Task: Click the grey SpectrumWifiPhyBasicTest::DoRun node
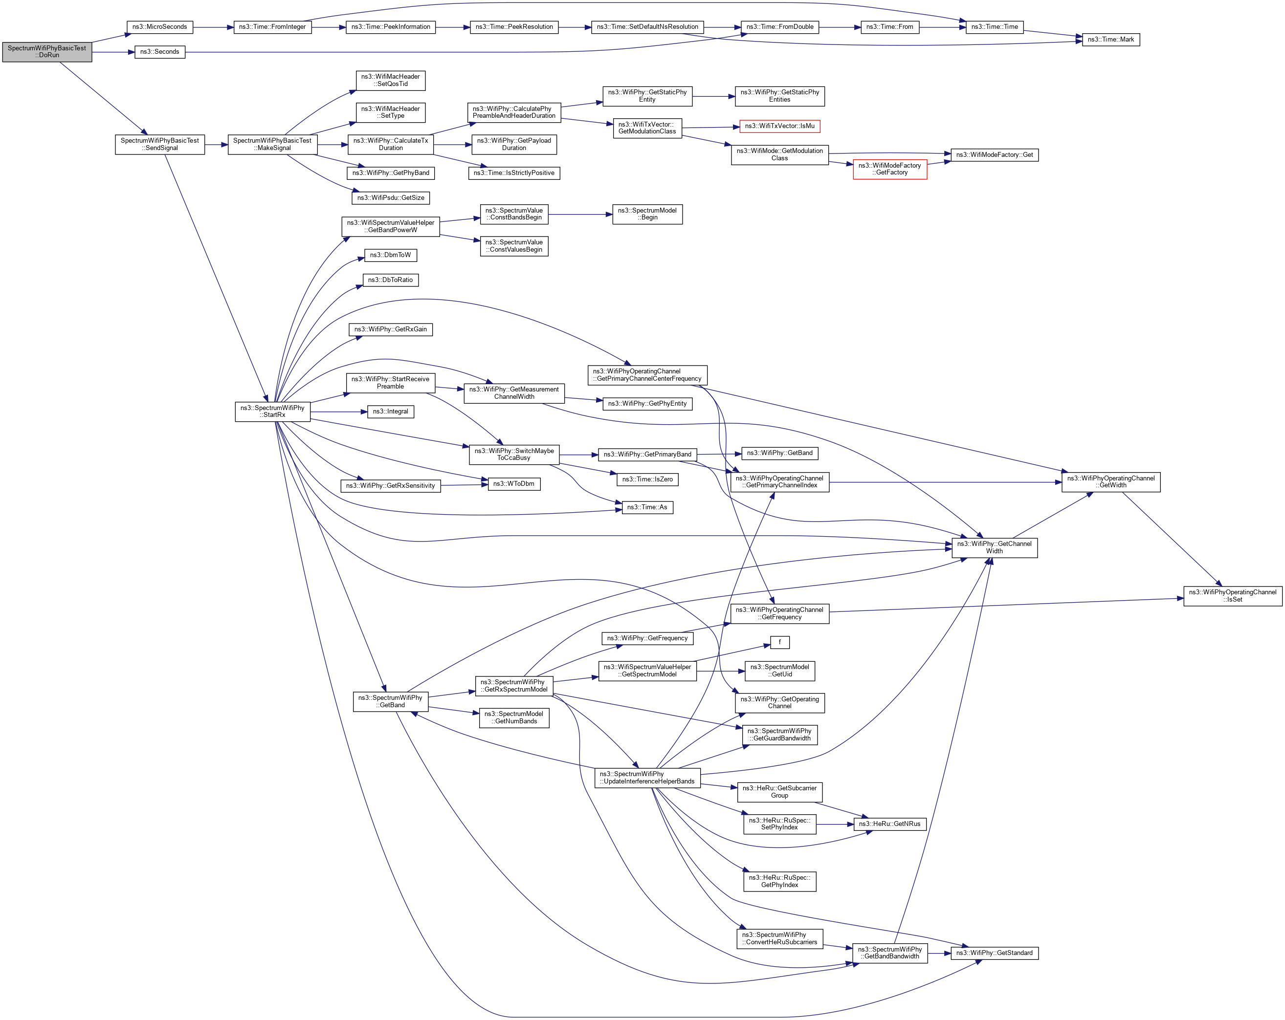click(47, 52)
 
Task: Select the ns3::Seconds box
click(160, 52)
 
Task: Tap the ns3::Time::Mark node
click(1110, 40)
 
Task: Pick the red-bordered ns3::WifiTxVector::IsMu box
click(779, 126)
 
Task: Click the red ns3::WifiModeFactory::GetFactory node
click(889, 169)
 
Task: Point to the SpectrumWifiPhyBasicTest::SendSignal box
click(160, 144)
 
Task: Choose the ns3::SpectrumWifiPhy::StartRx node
click(272, 412)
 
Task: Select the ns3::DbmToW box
click(390, 255)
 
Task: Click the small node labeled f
click(779, 642)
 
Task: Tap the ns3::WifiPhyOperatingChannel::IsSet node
click(1232, 596)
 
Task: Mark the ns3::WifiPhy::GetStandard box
click(994, 953)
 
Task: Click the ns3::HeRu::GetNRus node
click(889, 824)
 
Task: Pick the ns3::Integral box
click(390, 412)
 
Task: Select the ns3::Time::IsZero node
click(647, 479)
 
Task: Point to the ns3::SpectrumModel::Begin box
click(647, 215)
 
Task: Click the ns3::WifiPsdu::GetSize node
click(390, 198)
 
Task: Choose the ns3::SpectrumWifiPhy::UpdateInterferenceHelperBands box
click(647, 778)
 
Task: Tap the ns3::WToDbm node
click(514, 484)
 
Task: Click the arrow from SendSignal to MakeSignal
click(216, 145)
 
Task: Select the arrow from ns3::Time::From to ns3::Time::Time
click(942, 27)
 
